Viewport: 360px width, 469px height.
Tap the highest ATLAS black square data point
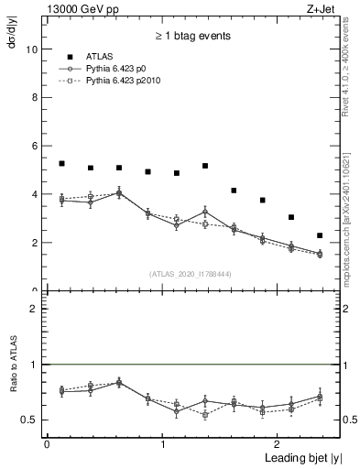coord(61,164)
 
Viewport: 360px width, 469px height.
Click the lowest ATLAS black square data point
coord(320,235)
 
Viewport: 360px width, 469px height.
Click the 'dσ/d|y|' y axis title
coord(11,37)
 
